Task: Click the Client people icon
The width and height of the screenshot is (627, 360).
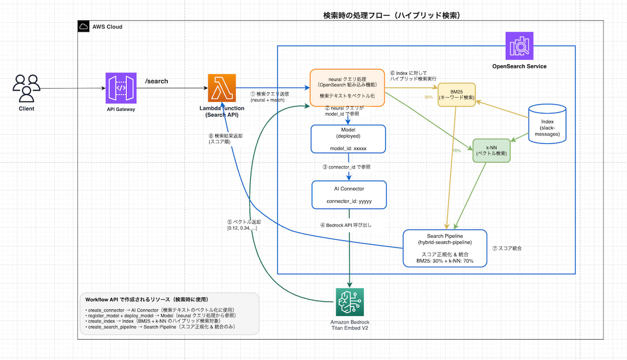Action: click(x=26, y=88)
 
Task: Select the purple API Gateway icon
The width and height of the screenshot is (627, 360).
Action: click(x=121, y=88)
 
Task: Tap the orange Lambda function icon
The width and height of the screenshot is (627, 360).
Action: click(x=222, y=88)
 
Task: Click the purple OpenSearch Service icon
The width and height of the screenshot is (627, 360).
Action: click(x=519, y=46)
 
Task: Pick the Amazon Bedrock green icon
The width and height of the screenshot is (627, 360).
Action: click(x=350, y=301)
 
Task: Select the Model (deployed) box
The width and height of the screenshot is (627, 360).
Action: click(x=348, y=138)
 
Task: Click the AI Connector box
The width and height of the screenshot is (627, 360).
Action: click(x=349, y=194)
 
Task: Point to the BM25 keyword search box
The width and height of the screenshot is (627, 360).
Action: click(x=457, y=95)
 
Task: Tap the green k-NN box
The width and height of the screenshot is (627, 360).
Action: click(x=491, y=150)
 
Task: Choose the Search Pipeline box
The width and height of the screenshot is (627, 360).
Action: click(x=445, y=248)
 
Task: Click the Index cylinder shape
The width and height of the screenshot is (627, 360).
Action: click(x=548, y=124)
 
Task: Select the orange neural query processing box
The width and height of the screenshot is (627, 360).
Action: click(x=347, y=88)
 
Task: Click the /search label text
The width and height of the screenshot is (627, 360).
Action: click(x=156, y=82)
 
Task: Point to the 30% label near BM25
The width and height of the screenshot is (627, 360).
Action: click(x=428, y=97)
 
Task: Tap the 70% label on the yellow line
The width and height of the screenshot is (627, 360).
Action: click(x=456, y=150)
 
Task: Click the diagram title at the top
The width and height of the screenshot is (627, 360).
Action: click(x=392, y=16)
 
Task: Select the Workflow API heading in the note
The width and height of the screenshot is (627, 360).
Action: click(x=146, y=299)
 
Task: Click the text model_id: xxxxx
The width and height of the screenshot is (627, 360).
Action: click(x=348, y=148)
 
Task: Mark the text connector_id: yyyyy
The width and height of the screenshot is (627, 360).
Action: click(x=349, y=201)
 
